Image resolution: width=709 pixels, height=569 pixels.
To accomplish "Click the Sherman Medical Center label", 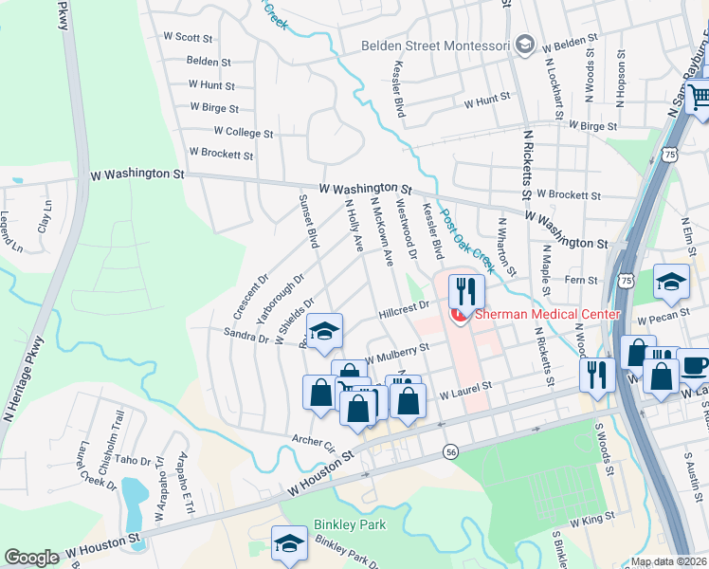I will point(548,314).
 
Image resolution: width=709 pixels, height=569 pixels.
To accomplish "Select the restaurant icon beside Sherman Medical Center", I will point(464,290).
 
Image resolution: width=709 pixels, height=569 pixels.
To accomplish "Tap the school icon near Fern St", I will point(671,282).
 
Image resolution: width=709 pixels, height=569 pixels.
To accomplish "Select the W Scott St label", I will point(188,37).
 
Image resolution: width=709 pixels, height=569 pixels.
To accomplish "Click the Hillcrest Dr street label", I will point(405,305).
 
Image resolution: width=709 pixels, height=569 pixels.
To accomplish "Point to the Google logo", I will point(31,558).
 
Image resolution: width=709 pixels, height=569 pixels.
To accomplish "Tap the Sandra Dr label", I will point(245,333).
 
